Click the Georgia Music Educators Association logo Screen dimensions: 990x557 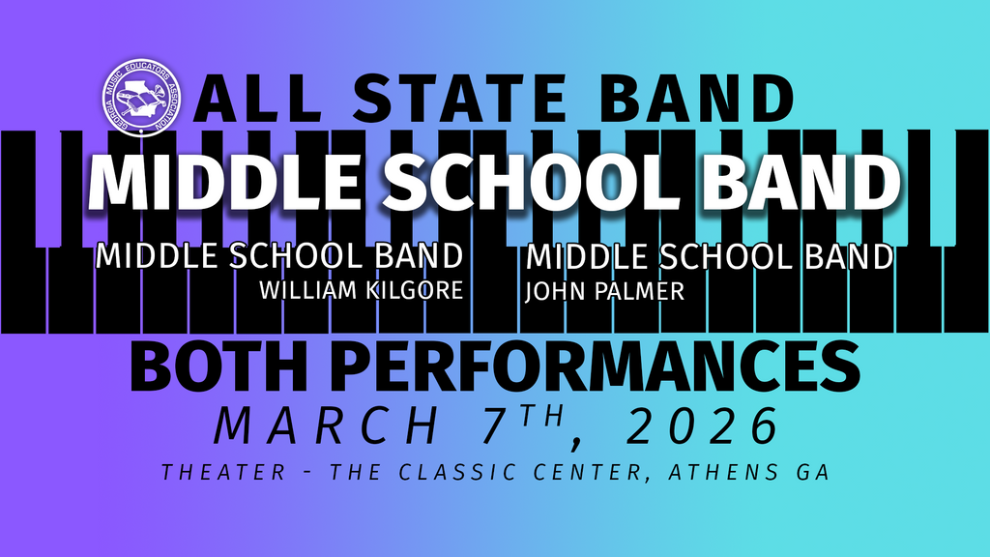point(141,98)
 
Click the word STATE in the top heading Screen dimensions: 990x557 point(459,99)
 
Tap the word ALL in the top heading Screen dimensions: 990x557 point(256,99)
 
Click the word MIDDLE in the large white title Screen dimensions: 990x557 point(224,182)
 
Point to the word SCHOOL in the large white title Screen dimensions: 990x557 point(532,182)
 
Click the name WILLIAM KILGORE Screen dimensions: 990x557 point(362,290)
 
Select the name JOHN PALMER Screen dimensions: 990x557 point(605,291)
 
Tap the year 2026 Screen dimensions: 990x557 point(702,426)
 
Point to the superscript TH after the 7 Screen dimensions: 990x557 point(541,416)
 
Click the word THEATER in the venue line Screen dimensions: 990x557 point(224,472)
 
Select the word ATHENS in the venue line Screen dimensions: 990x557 point(723,472)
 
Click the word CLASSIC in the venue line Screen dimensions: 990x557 point(457,472)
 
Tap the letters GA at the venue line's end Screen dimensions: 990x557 point(812,472)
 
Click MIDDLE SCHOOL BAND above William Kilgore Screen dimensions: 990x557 point(279,255)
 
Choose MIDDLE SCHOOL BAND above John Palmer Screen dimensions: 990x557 point(710,256)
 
